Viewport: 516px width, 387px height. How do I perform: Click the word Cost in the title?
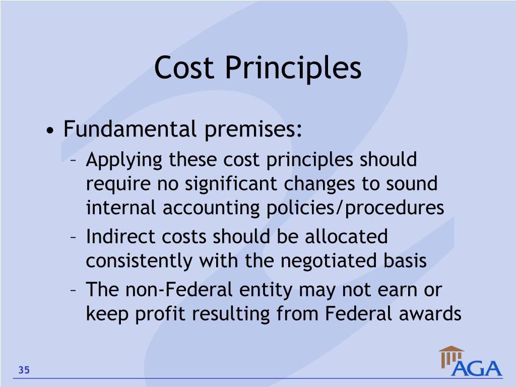tap(184, 68)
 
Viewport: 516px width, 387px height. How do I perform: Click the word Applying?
tap(124, 161)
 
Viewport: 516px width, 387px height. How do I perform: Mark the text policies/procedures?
tap(355, 208)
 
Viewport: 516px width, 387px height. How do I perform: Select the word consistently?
tap(139, 261)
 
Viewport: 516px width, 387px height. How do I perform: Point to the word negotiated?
tap(328, 261)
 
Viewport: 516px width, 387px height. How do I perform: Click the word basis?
tap(404, 261)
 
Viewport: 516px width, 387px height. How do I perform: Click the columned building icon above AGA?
tap(450, 356)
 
